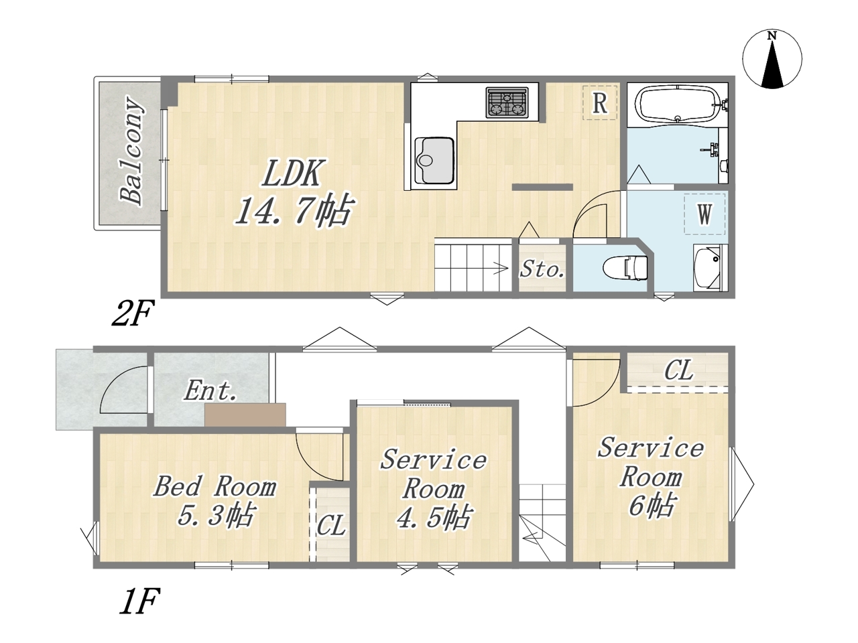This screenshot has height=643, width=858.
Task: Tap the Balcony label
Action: [132, 152]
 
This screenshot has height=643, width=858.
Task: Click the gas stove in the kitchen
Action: [507, 102]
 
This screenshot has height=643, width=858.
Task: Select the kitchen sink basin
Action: [434, 159]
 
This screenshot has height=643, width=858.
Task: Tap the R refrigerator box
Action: [600, 102]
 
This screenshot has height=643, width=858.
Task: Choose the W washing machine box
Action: [704, 214]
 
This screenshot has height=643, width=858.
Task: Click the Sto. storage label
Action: [542, 269]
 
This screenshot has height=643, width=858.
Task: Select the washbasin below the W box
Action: [709, 267]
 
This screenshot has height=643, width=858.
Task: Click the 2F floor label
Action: [133, 313]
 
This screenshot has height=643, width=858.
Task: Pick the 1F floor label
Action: [139, 601]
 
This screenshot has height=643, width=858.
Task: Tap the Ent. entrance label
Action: [210, 390]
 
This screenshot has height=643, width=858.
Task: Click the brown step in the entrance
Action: [245, 415]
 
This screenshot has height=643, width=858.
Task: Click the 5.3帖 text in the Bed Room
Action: [215, 515]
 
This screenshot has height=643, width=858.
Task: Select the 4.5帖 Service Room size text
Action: [433, 517]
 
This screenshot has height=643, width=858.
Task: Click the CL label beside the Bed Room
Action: [330, 525]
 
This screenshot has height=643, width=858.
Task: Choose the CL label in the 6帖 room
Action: [679, 370]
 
